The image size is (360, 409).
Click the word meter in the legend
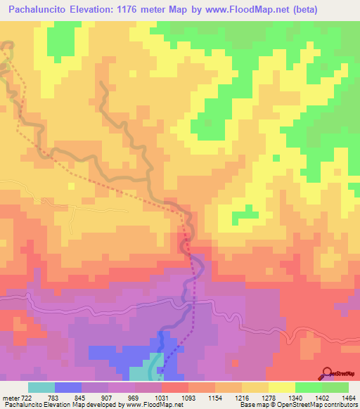click(10, 397)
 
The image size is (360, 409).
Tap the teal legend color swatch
click(41, 387)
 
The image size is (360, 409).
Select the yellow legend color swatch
click(282, 387)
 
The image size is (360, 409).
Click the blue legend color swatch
click(68, 387)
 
